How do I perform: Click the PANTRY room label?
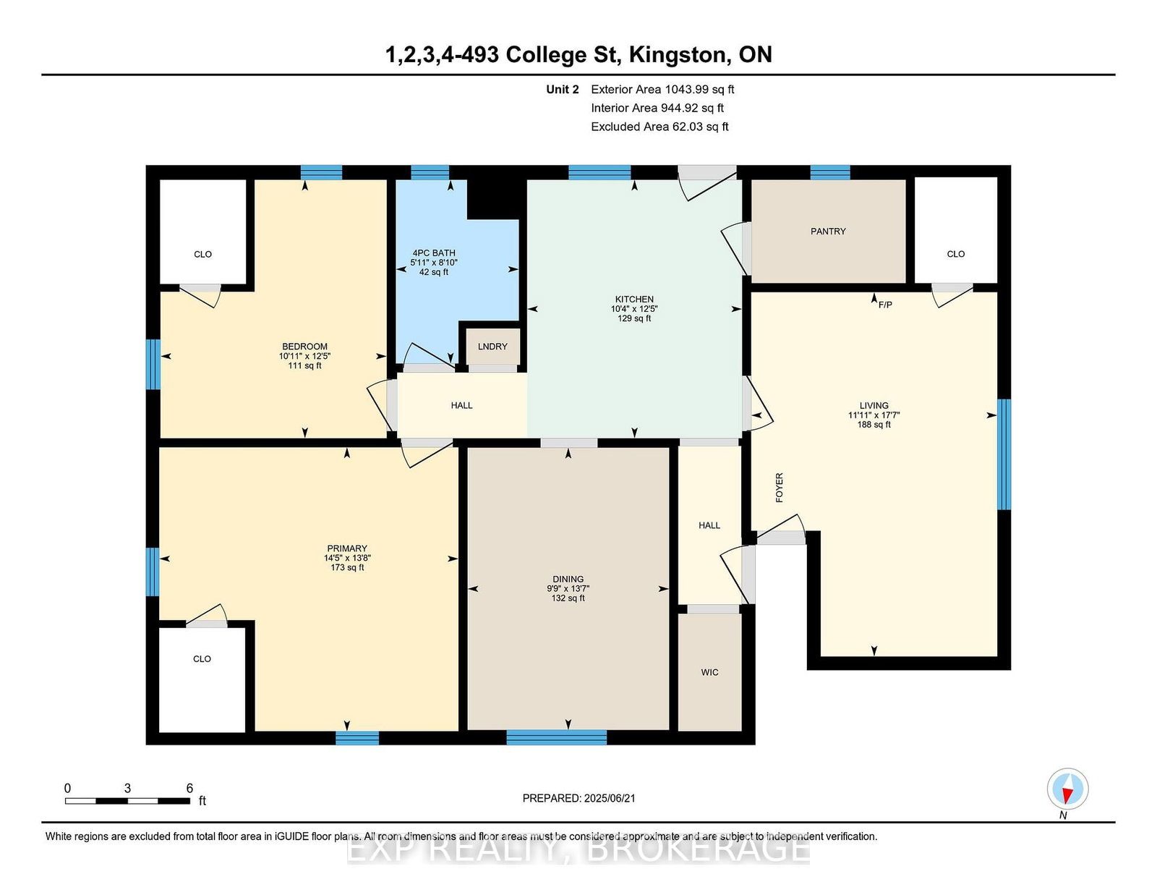point(828,232)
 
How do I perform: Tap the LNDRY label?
point(492,347)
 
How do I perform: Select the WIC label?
point(710,672)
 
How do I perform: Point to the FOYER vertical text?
point(780,488)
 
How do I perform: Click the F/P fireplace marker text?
point(885,305)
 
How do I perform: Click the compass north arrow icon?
point(1067,789)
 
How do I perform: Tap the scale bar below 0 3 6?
point(128,801)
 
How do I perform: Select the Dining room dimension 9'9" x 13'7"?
point(568,589)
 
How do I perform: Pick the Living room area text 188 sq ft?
point(874,425)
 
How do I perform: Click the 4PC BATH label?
point(434,253)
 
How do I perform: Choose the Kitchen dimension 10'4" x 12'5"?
point(634,309)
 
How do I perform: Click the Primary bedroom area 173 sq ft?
point(347,567)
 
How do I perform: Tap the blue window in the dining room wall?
point(556,737)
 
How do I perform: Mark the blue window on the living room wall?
point(1004,454)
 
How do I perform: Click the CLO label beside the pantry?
point(956,254)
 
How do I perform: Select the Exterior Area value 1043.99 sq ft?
point(700,90)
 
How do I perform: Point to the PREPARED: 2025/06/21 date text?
point(578,798)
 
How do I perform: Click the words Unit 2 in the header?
point(563,90)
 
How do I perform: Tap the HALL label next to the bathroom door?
point(461,405)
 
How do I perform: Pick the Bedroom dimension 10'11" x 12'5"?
point(304,356)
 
